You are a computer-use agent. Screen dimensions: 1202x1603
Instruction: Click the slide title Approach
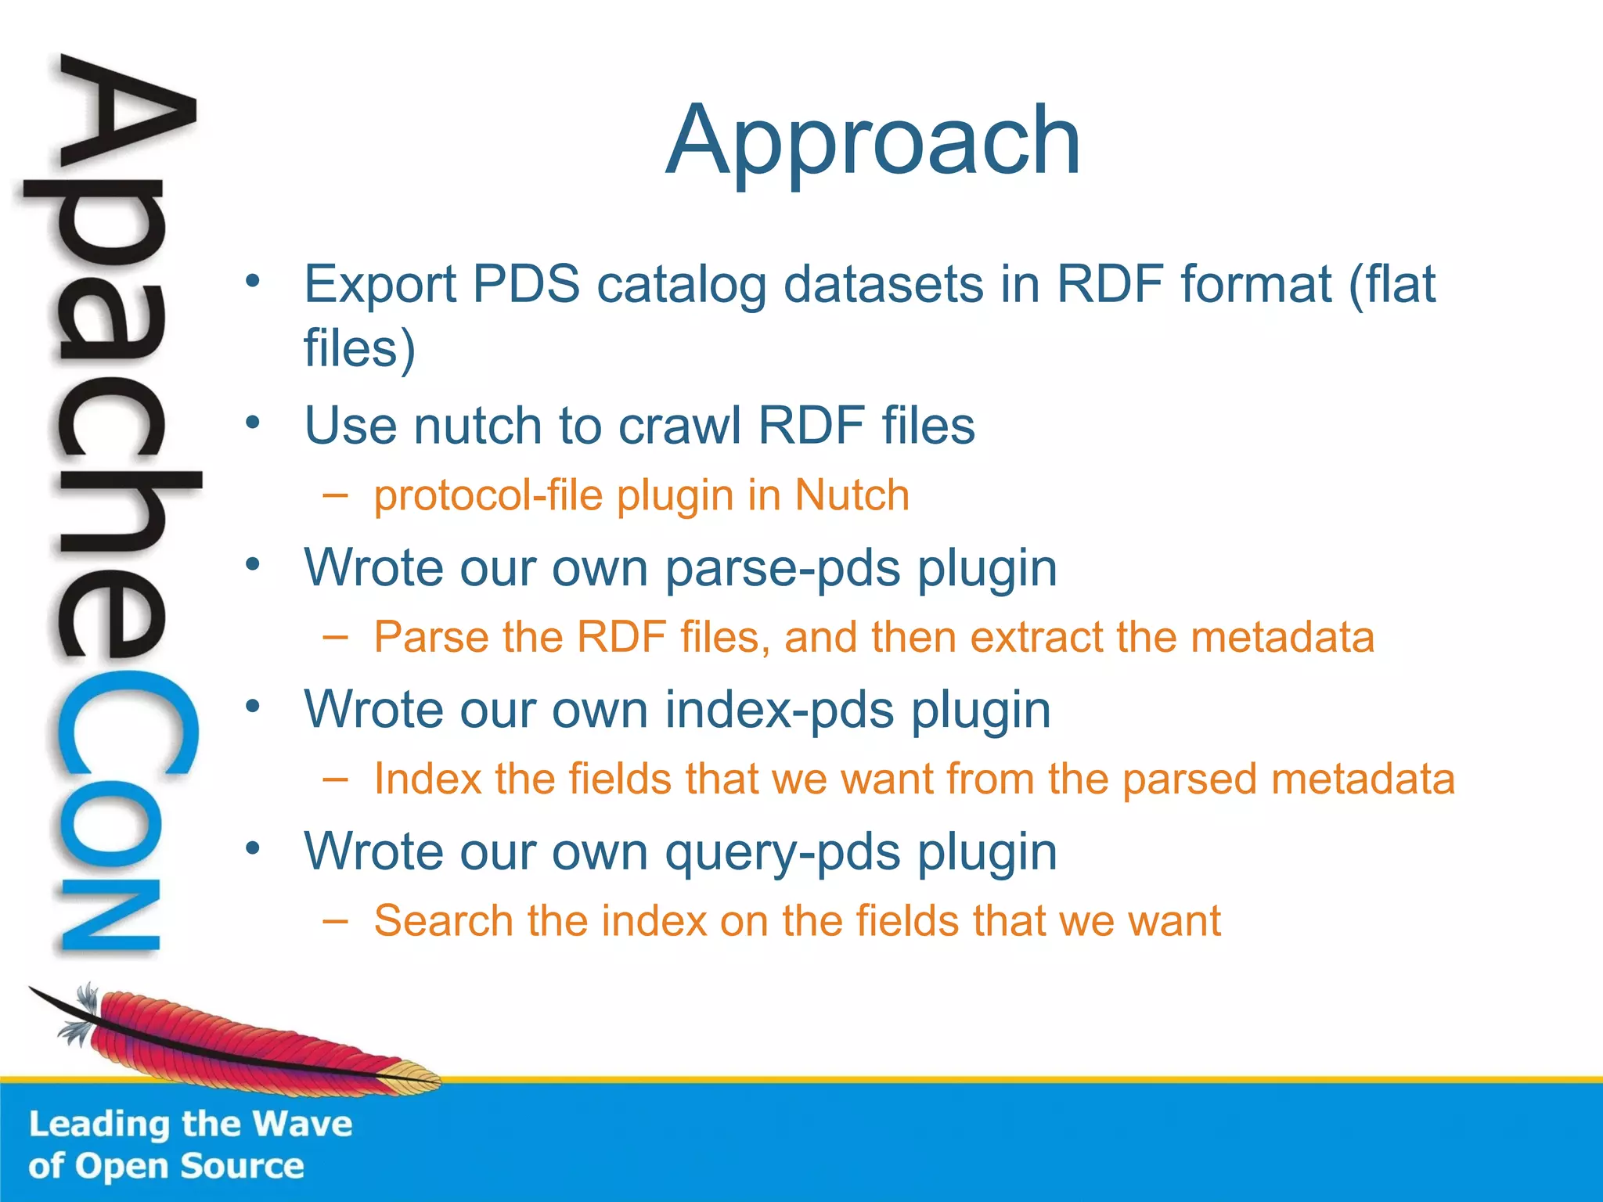873,141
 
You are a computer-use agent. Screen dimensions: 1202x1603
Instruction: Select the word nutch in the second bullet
477,426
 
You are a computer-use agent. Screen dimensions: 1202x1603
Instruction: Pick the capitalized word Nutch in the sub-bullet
852,495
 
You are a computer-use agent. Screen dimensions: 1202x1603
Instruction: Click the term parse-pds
783,569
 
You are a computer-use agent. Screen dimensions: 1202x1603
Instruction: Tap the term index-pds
780,710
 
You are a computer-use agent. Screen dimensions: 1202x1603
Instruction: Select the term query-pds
783,853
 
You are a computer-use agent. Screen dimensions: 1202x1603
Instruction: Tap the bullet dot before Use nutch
252,423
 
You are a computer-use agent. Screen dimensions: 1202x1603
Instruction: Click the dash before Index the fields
335,779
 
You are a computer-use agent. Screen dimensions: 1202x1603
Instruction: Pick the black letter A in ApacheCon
125,117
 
